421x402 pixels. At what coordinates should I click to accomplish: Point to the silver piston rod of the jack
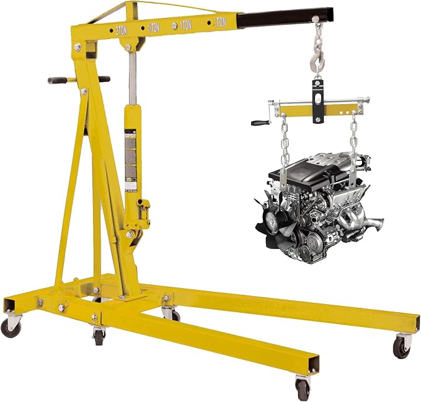[x=132, y=77]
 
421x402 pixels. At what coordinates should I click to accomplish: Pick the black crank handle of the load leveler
[x=260, y=122]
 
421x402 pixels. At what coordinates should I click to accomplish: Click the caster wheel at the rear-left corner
[x=11, y=326]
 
